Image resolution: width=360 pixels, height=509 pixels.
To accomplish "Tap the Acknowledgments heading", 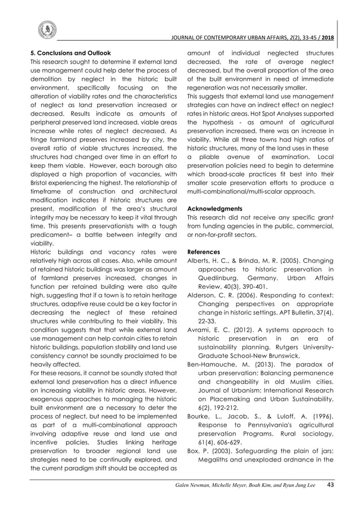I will pyautogui.click(x=215, y=207).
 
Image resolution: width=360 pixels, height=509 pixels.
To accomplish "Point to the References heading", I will pyautogui.click(x=204, y=251).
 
